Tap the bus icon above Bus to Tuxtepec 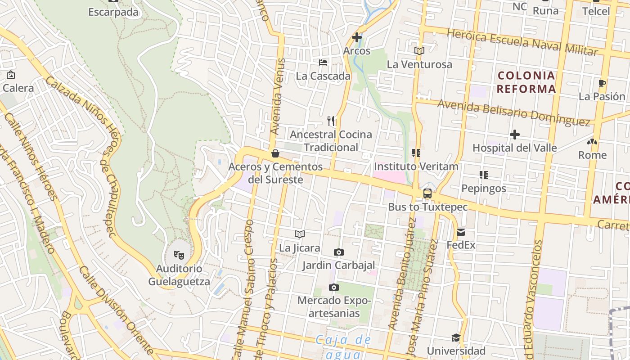coord(427,193)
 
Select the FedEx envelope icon coord(461,232)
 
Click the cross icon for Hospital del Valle coord(515,135)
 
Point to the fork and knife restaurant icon coord(331,121)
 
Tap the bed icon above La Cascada coord(323,63)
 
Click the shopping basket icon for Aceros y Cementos coord(275,153)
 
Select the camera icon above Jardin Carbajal coord(338,252)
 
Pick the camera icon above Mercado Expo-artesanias coord(333,287)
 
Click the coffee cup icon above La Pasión coord(602,83)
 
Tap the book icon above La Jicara coord(300,234)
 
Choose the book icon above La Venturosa coord(419,51)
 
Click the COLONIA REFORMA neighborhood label coord(526,82)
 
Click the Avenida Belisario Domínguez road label coord(513,112)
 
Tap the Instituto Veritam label coord(416,166)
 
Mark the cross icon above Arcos coord(357,37)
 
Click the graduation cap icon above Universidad coord(456,337)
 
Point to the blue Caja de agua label coord(343,346)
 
